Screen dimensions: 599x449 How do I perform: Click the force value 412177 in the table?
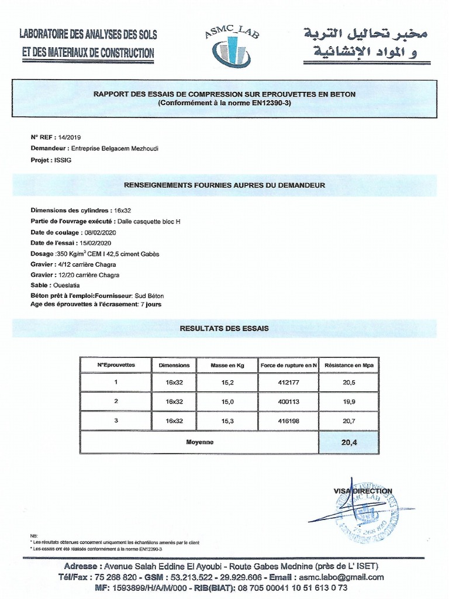(289, 382)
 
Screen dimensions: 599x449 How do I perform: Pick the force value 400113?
(289, 401)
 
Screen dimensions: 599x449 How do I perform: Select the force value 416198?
(289, 421)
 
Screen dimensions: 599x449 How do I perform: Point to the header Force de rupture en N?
(289, 365)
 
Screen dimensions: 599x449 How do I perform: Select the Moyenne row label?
(200, 442)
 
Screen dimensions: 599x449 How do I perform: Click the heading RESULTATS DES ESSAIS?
(224, 328)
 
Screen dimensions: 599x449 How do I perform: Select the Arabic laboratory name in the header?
(362, 43)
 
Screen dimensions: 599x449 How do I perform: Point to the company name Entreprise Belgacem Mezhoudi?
(114, 149)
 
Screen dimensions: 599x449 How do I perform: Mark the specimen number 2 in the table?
(116, 401)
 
